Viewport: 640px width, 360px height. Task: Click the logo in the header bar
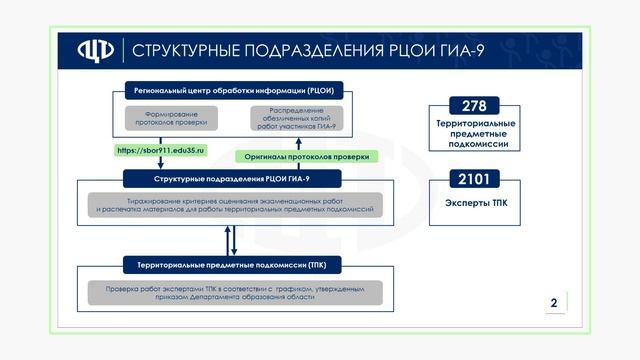[x=95, y=50]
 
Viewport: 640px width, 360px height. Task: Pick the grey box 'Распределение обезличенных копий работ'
[x=296, y=118]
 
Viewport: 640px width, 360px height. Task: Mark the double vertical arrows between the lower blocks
[x=232, y=239]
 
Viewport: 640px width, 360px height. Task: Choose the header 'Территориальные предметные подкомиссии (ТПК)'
[x=232, y=265]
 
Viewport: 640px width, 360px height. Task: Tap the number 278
[x=475, y=104]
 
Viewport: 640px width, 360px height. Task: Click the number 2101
[x=475, y=180]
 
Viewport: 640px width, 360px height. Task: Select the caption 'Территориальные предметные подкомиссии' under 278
[x=476, y=134]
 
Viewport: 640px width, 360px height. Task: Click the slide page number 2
[x=553, y=302]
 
